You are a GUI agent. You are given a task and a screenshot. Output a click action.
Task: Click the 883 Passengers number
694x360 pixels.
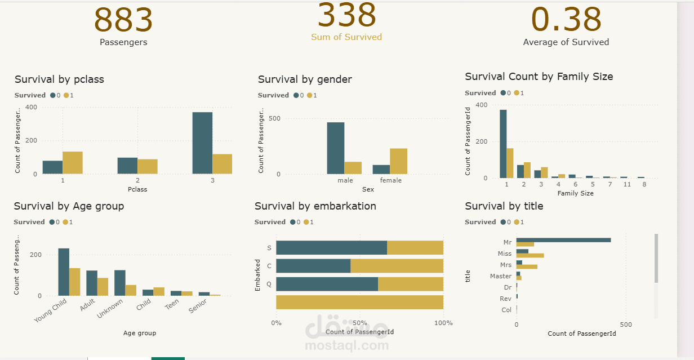pos(123,20)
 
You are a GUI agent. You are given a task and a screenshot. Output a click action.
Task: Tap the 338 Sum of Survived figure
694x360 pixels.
pos(346,16)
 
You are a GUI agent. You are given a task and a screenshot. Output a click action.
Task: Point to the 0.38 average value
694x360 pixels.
pos(566,20)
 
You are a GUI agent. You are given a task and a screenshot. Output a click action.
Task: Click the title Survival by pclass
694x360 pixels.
pos(59,79)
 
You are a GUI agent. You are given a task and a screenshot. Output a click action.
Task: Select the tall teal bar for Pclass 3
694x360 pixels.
pos(202,143)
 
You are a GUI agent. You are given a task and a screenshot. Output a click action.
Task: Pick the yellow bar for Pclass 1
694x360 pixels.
pos(73,163)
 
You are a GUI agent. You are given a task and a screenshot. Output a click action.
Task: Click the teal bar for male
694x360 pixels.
pos(336,148)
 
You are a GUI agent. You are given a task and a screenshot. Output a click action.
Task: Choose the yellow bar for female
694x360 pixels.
pos(398,161)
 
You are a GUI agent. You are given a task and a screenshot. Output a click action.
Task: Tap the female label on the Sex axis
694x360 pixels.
pos(391,180)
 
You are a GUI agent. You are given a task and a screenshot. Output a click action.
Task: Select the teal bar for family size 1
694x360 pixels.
pos(503,144)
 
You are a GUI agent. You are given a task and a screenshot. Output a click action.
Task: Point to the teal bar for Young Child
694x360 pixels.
pos(64,272)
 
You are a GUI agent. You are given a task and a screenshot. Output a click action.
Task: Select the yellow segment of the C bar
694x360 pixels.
pos(397,266)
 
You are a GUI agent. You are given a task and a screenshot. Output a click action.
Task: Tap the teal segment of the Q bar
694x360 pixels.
pos(327,284)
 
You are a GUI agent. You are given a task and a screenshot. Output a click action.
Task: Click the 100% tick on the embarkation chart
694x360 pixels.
pos(443,323)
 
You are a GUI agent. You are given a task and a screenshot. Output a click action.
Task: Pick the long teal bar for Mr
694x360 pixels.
pos(563,240)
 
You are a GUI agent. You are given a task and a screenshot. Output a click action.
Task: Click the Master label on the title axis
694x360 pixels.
pos(501,276)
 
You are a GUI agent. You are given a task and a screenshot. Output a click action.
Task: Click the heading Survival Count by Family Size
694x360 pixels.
pos(539,77)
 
